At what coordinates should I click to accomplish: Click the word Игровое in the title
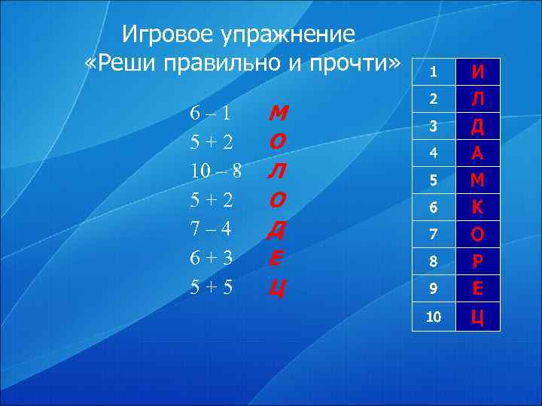click(x=168, y=34)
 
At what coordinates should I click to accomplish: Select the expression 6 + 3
click(x=210, y=257)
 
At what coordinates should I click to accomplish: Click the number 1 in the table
click(x=433, y=72)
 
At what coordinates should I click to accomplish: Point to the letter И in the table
click(x=477, y=72)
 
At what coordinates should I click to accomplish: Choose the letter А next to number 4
click(x=477, y=153)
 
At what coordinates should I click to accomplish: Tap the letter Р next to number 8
click(x=477, y=262)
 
